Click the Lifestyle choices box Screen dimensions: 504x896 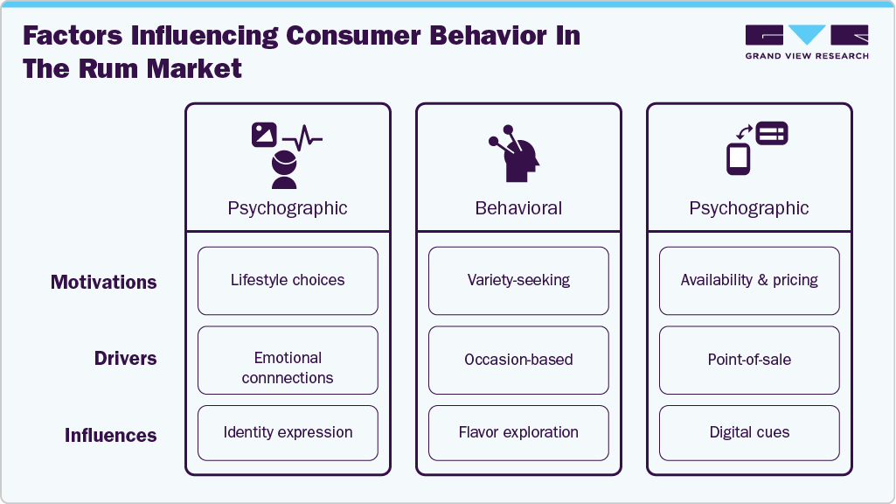point(288,281)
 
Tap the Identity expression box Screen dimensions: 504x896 point(288,432)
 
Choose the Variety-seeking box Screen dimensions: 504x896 point(518,281)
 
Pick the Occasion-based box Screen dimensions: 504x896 point(518,360)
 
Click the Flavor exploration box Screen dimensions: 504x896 point(518,432)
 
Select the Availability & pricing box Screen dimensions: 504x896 point(749,281)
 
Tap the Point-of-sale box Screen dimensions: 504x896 point(749,360)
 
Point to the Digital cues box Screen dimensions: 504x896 point(749,432)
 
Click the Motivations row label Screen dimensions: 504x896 point(104,282)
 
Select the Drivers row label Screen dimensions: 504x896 point(126,359)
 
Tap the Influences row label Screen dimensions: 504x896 point(111,435)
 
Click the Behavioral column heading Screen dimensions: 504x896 point(518,208)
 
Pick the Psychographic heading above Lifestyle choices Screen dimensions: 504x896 point(288,208)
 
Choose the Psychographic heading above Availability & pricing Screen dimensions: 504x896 point(749,208)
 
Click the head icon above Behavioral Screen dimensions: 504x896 point(515,156)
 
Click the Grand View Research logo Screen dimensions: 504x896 point(807,41)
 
